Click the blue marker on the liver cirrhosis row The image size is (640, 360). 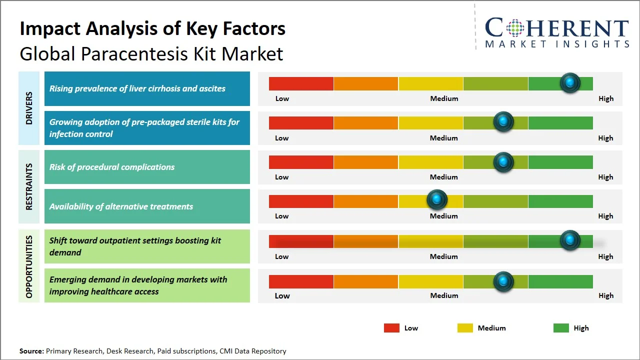[x=570, y=83]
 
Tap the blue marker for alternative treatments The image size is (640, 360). [x=437, y=200]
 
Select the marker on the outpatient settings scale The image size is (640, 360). [x=570, y=240]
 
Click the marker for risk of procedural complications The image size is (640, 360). [x=503, y=162]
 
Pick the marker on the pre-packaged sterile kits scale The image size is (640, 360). [x=503, y=122]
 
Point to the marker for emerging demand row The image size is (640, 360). [x=503, y=281]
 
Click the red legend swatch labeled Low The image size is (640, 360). [x=391, y=328]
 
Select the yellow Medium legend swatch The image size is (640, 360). [x=465, y=328]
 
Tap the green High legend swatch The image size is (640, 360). [x=561, y=328]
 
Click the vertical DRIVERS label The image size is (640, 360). [x=29, y=108]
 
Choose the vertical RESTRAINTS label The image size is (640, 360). [x=29, y=186]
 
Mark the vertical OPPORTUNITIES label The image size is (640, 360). [x=29, y=266]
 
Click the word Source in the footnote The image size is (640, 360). [x=31, y=351]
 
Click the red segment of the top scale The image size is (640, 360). [x=301, y=83]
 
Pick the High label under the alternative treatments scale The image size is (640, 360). [x=605, y=216]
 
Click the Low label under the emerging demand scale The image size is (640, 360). [x=282, y=295]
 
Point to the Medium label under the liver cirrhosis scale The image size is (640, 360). [x=444, y=98]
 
